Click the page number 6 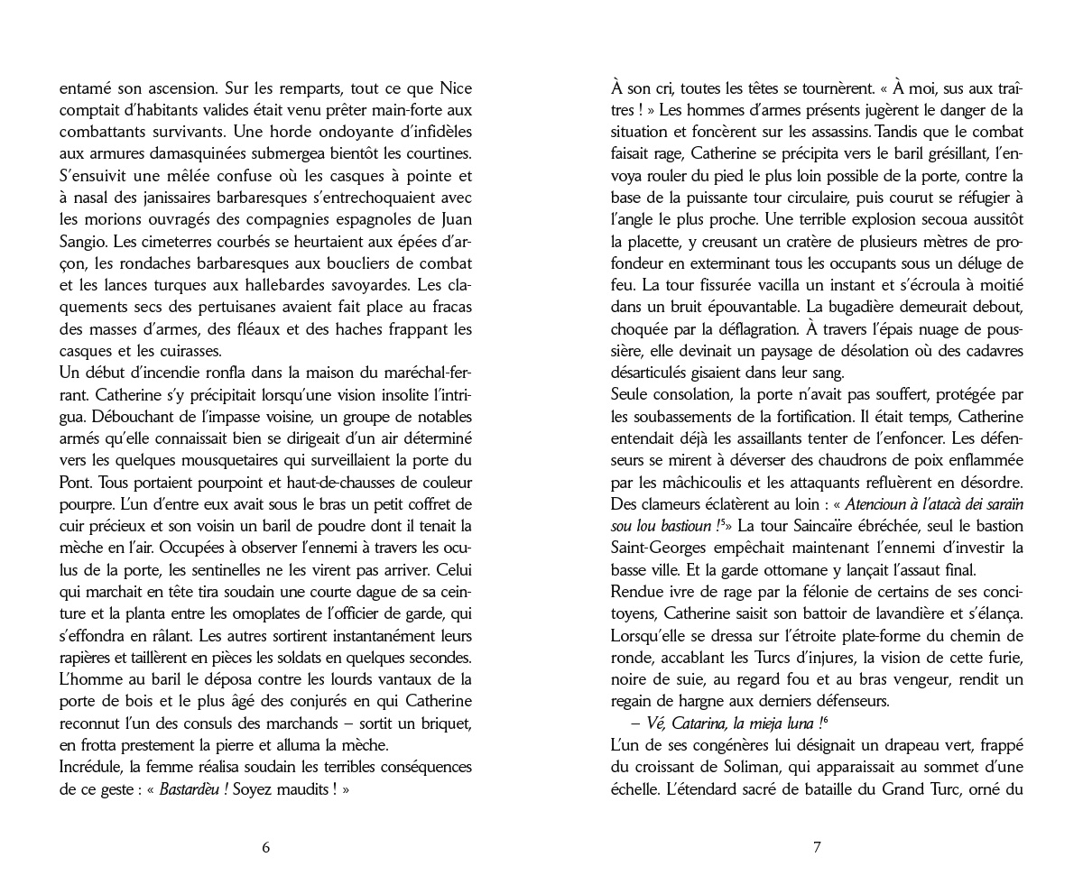click(265, 847)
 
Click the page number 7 click(817, 847)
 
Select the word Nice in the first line click(454, 89)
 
